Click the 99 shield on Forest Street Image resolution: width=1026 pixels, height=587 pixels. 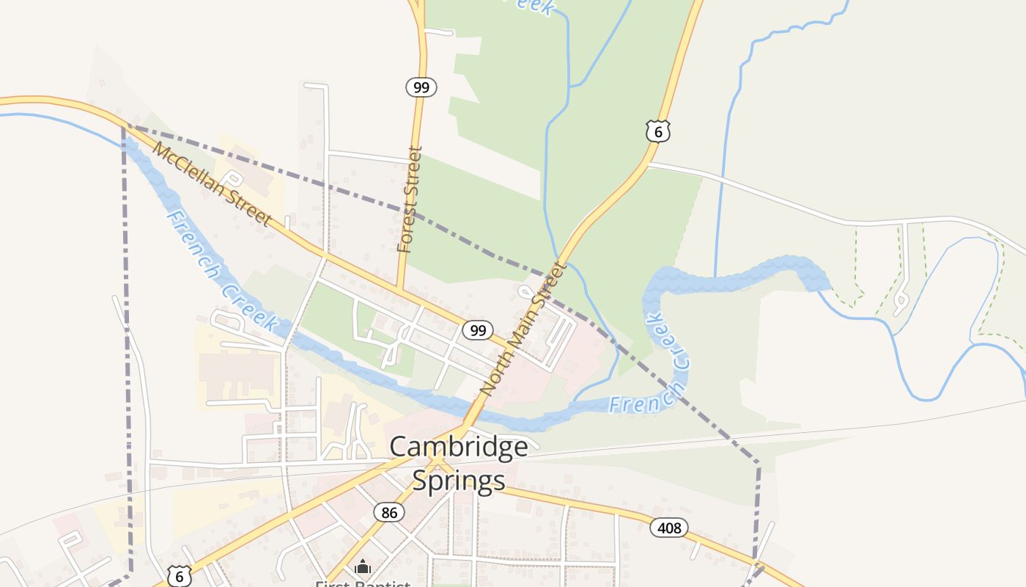(421, 88)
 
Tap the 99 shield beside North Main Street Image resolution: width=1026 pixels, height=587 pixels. (478, 330)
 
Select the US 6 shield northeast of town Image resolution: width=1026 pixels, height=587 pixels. (658, 131)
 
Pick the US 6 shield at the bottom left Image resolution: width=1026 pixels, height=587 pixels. (179, 576)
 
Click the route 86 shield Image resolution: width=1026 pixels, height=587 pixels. (389, 512)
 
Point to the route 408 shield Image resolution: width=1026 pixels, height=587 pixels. (669, 527)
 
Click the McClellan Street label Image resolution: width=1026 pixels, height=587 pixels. (213, 184)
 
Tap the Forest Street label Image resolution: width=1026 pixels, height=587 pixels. (410, 200)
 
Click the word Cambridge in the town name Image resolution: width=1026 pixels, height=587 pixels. (459, 446)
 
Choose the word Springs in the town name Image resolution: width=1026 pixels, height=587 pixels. (459, 480)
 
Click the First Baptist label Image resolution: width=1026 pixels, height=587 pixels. (363, 583)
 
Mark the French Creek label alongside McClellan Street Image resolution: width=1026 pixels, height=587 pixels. (221, 271)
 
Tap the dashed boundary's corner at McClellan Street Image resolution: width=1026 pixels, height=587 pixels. (124, 126)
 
